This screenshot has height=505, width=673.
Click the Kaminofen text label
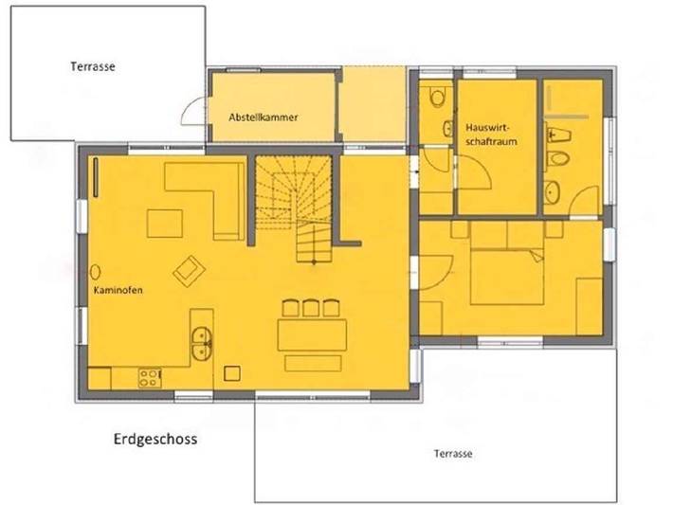pyautogui.click(x=118, y=291)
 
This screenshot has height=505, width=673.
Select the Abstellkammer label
pyautogui.click(x=264, y=117)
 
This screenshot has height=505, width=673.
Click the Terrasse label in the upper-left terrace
pyautogui.click(x=93, y=67)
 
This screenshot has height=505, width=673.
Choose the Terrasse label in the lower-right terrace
pyautogui.click(x=451, y=454)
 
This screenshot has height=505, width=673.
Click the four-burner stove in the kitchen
pyautogui.click(x=150, y=378)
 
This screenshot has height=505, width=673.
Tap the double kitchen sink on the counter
pyautogui.click(x=201, y=342)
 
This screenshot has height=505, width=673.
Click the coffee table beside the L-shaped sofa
pyautogui.click(x=167, y=224)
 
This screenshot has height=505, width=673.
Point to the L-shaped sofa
pyautogui.click(x=213, y=189)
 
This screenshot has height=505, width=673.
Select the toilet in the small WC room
pyautogui.click(x=436, y=97)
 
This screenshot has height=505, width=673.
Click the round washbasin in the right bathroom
pyautogui.click(x=555, y=193)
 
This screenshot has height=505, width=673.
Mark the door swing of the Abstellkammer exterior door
pyautogui.click(x=195, y=110)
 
